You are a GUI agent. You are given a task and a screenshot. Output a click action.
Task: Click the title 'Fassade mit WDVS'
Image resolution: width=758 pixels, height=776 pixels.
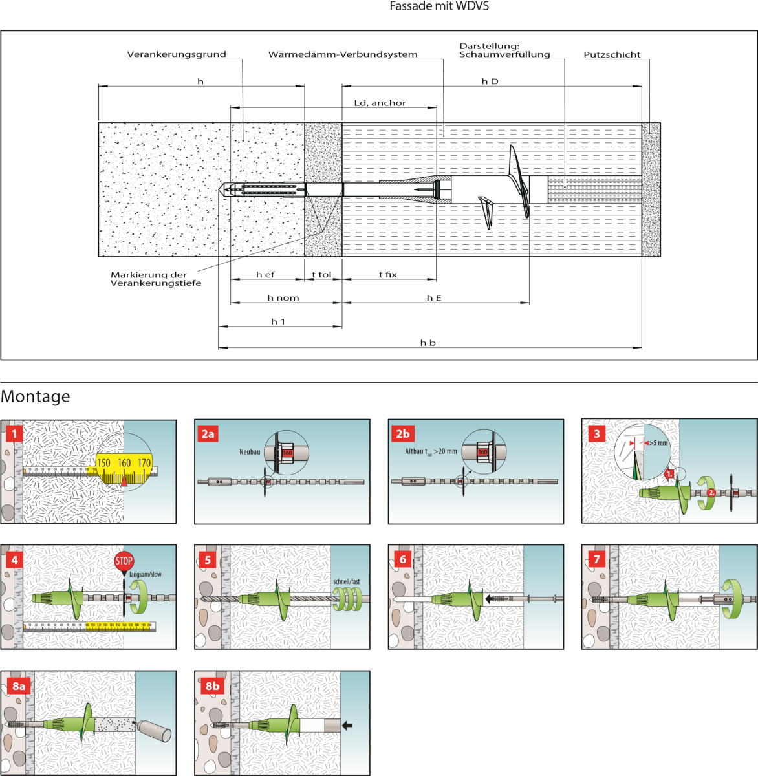(x=439, y=6)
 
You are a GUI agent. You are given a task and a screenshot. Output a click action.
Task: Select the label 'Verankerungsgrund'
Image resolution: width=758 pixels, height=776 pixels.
(x=177, y=54)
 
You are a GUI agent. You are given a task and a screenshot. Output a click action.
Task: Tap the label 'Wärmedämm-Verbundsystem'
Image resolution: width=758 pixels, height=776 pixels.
(x=343, y=54)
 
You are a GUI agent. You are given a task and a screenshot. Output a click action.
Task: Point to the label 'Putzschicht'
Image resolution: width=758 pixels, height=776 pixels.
(x=612, y=54)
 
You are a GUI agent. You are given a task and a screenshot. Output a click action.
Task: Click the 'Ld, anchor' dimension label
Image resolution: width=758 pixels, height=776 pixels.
(x=380, y=103)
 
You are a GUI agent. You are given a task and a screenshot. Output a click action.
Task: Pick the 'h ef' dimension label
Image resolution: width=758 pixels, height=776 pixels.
(x=265, y=275)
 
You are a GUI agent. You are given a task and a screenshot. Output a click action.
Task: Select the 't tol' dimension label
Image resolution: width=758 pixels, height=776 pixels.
(x=321, y=275)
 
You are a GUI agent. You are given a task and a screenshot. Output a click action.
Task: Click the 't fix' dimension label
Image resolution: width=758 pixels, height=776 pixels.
(x=388, y=275)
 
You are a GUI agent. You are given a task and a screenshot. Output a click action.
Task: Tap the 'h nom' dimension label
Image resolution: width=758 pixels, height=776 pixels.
(x=283, y=298)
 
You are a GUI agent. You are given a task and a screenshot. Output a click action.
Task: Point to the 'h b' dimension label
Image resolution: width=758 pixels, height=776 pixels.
(x=428, y=343)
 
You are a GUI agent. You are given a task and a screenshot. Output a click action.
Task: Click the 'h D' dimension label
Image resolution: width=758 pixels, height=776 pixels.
(x=490, y=81)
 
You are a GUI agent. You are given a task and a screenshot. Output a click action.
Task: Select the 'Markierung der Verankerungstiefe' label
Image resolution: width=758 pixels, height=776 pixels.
(x=156, y=279)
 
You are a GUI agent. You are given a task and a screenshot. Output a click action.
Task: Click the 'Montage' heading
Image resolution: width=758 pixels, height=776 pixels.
(x=36, y=396)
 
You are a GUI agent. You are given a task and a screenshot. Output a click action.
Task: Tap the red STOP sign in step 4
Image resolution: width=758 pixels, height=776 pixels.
(x=124, y=561)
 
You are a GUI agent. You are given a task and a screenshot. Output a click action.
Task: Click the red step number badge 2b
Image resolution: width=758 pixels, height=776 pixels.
(x=402, y=433)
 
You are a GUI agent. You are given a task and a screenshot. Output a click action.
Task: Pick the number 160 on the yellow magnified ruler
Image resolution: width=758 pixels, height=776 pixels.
(x=124, y=463)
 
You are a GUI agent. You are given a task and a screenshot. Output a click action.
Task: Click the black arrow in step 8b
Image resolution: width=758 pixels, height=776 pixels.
(x=347, y=726)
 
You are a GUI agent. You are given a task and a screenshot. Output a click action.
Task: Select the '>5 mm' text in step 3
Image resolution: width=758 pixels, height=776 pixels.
(x=658, y=443)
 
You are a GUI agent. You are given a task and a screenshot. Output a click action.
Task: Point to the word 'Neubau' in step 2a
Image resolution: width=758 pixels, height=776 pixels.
(x=250, y=451)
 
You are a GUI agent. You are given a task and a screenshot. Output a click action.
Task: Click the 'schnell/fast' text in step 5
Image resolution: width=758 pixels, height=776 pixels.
(x=347, y=581)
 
